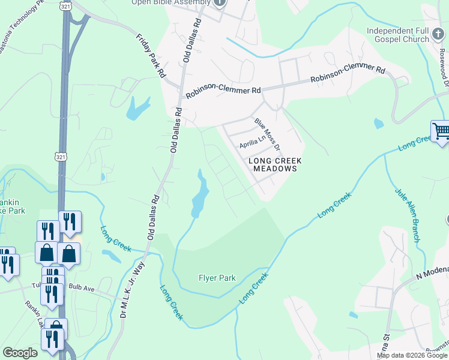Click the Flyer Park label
pyautogui.click(x=217, y=278)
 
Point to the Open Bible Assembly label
pyautogui.click(x=171, y=2)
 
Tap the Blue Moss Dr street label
pyautogui.click(x=268, y=133)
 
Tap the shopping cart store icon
pyautogui.click(x=441, y=131)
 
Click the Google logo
pyautogui.click(x=20, y=353)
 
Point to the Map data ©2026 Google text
pyautogui.click(x=411, y=355)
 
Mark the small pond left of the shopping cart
pyautogui.click(x=378, y=124)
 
